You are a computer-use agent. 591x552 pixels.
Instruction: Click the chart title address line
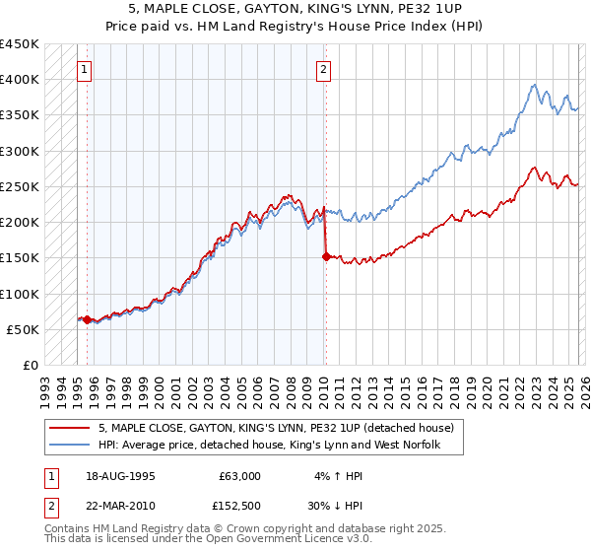click(x=295, y=9)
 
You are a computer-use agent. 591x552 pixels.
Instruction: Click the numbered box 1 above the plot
click(x=86, y=69)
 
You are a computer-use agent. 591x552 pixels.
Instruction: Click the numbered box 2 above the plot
click(x=324, y=69)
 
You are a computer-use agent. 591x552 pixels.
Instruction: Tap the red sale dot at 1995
click(x=87, y=319)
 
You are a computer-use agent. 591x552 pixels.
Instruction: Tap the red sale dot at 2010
click(x=325, y=256)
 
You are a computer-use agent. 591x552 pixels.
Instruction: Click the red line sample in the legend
click(x=71, y=429)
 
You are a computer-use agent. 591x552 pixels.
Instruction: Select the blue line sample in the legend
click(x=71, y=446)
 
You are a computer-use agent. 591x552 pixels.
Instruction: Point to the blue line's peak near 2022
click(x=533, y=84)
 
